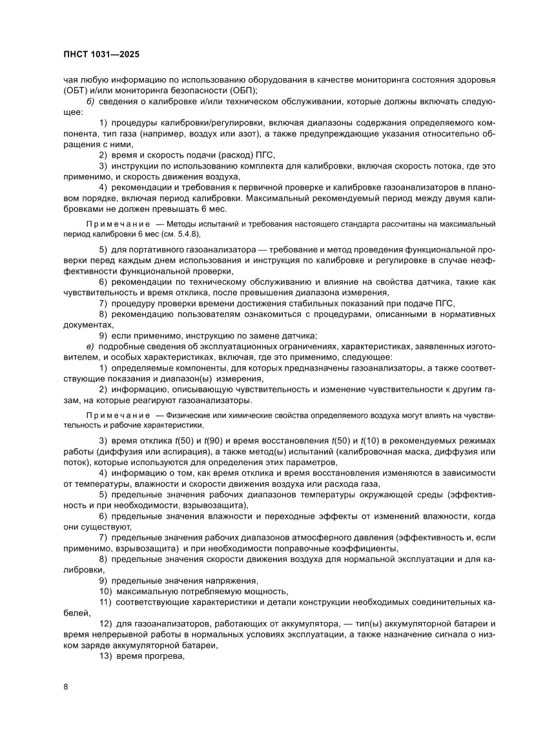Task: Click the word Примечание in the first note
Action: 114,223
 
